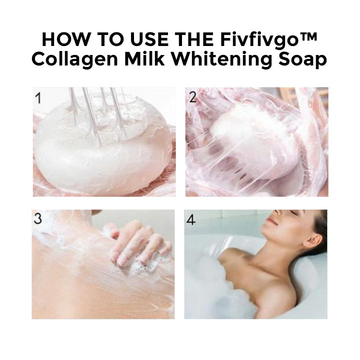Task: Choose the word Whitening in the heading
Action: point(220,59)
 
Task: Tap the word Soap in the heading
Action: point(303,59)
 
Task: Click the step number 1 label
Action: point(38,98)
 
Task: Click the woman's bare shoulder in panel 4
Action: point(240,262)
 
